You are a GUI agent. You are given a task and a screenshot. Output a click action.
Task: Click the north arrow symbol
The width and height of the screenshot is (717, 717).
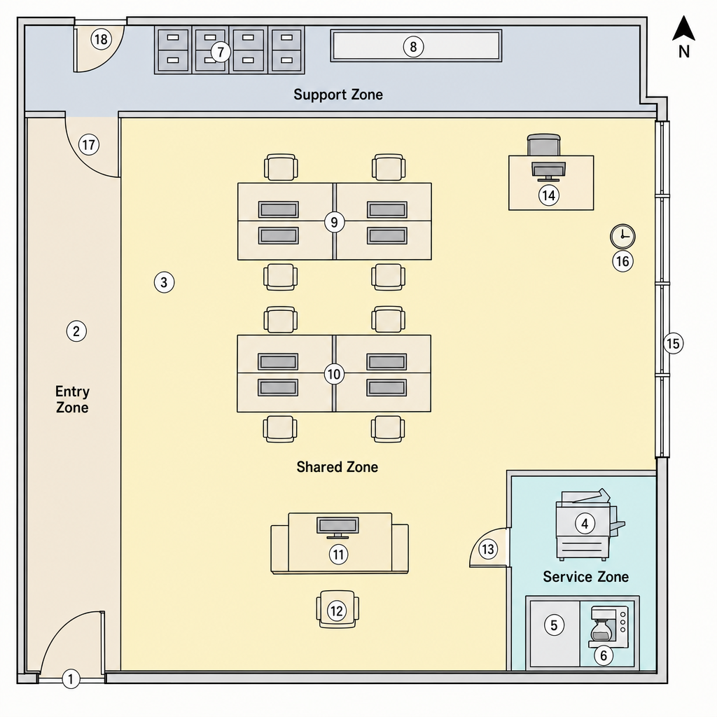(683, 28)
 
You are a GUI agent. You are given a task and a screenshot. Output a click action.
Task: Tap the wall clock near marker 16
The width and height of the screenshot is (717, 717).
(622, 237)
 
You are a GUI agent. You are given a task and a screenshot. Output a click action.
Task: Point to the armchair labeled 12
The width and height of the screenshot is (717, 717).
(337, 609)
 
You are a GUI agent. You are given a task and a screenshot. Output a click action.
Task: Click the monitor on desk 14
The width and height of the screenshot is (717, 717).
(548, 171)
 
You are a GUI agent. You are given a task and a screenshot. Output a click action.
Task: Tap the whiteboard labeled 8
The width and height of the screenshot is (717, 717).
(416, 46)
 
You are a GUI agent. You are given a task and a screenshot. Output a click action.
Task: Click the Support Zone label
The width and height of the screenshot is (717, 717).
(338, 95)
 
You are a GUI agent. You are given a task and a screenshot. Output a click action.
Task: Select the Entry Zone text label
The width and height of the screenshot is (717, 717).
(72, 399)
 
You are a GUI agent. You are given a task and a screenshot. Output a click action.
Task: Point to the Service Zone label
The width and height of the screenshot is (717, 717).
(585, 577)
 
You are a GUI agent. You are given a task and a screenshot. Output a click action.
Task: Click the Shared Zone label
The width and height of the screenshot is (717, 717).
(337, 467)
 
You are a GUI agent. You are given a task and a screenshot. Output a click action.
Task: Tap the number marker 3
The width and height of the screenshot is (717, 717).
(164, 282)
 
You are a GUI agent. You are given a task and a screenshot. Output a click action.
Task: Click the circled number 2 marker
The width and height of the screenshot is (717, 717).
(76, 330)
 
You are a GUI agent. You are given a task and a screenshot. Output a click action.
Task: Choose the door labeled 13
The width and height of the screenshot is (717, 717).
(489, 548)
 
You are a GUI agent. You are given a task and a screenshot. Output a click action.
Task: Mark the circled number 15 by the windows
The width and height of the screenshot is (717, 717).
(673, 343)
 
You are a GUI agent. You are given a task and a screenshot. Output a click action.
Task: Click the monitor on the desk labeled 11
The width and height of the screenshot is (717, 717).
(337, 527)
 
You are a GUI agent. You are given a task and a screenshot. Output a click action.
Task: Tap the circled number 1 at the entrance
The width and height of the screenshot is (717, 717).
(71, 678)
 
